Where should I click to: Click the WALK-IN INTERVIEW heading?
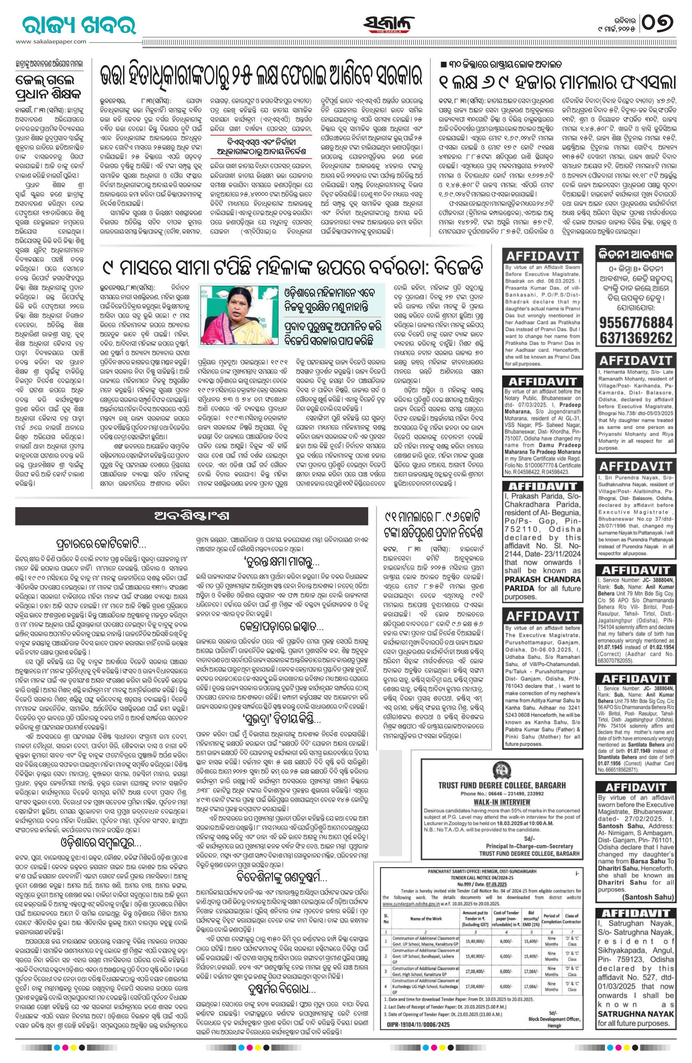pos(501,802)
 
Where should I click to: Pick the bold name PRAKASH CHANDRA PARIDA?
pos(542,584)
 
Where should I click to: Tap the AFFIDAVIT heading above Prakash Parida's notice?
pos(542,485)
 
